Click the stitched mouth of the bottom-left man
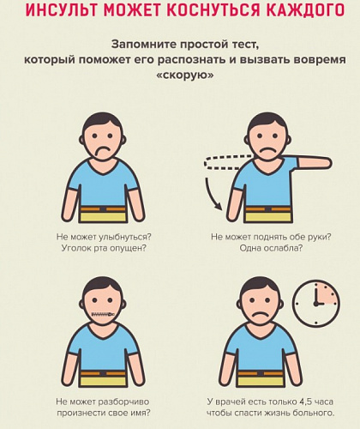103,314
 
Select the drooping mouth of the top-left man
104,152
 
